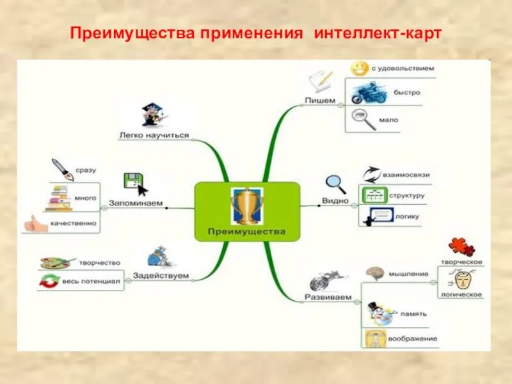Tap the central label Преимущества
click(x=246, y=231)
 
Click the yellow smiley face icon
click(x=360, y=68)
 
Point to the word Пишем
click(x=320, y=100)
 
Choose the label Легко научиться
click(x=154, y=135)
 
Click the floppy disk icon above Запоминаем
click(x=132, y=181)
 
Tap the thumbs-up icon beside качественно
click(x=35, y=223)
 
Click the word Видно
click(x=335, y=200)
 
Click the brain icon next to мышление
click(x=374, y=273)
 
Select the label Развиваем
click(x=328, y=298)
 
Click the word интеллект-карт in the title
click(x=377, y=33)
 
